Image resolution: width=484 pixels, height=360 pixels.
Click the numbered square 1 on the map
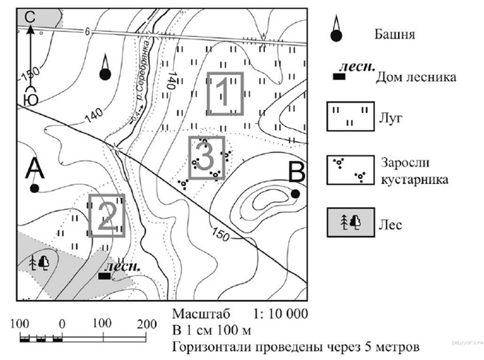(224, 94)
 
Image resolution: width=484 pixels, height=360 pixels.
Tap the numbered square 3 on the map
(206, 157)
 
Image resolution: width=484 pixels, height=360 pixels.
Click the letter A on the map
(34, 169)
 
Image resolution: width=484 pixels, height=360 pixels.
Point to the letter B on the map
(295, 174)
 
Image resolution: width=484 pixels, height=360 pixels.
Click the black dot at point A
(34, 189)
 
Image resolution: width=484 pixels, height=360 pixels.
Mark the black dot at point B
(295, 194)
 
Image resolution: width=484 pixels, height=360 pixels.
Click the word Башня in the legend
(395, 35)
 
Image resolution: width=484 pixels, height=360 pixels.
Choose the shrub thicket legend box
(349, 169)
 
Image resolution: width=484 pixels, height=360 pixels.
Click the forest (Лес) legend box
(349, 221)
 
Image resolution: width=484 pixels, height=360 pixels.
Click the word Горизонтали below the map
(207, 347)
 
